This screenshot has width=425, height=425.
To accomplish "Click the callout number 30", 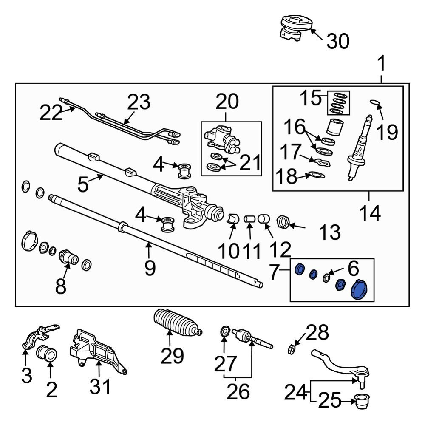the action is point(338,42).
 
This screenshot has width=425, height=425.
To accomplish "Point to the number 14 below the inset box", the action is point(369,213).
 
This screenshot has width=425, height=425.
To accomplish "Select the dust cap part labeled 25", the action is point(362,400).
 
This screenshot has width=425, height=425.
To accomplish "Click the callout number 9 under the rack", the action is point(149,268).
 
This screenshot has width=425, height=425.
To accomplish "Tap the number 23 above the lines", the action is point(139,102).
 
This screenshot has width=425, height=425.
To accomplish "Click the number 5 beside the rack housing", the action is point(83,184).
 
